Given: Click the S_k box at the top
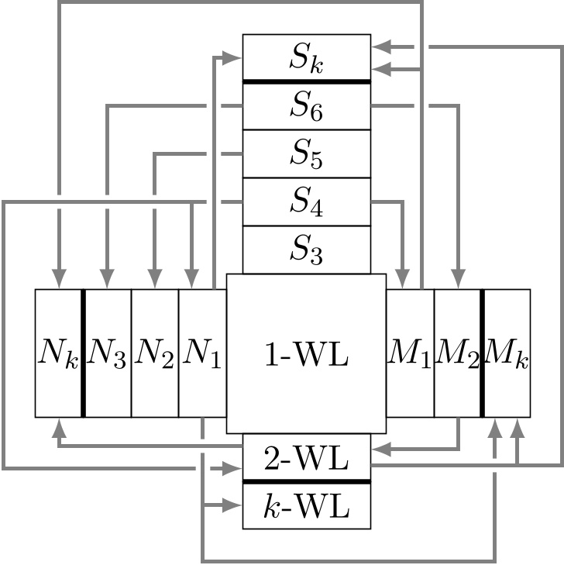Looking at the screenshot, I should point(306,57).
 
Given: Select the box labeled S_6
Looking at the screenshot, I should point(306,105).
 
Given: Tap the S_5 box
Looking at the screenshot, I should point(306,153).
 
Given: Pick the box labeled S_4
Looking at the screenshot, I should point(306,202).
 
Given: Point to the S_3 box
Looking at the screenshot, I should point(306,250).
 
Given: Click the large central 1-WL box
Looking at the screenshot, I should point(306,353).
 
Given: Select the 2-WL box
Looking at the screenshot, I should point(306,458).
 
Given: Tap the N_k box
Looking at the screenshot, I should point(58,353).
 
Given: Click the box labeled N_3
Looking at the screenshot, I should point(107,353).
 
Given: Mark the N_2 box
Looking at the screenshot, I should point(155,353).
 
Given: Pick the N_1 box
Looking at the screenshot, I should point(202,353).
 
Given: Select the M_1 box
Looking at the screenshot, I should point(410,353).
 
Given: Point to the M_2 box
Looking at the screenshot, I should point(457,353).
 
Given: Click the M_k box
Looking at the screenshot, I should point(507,353).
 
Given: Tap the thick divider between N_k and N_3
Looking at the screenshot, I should point(83,353).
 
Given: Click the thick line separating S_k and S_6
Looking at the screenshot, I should point(306,81).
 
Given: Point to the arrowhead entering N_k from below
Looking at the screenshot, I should point(59,426).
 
